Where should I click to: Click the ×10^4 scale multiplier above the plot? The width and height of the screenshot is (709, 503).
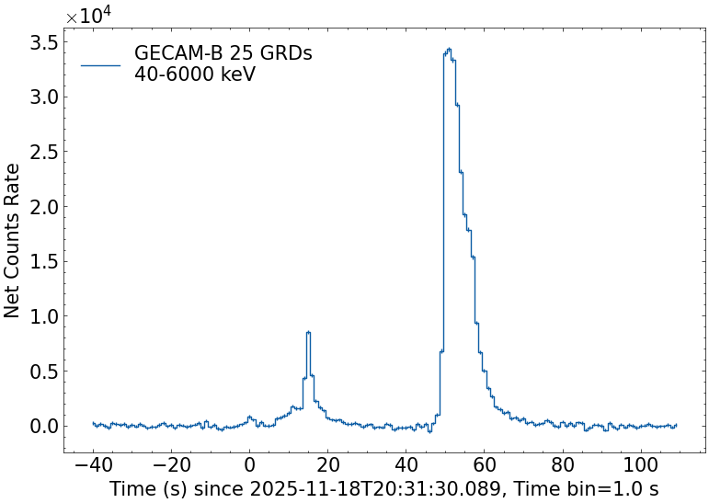pyautogui.click(x=88, y=16)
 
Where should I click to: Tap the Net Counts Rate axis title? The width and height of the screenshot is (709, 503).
pyautogui.click(x=13, y=240)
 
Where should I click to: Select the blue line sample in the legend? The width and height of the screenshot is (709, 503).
pyautogui.click(x=100, y=64)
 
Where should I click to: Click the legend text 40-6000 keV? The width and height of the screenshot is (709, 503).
pyautogui.click(x=194, y=74)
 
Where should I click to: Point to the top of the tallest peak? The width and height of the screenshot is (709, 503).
pyautogui.click(x=448, y=49)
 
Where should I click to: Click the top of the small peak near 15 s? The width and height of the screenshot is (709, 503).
pyautogui.click(x=308, y=332)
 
